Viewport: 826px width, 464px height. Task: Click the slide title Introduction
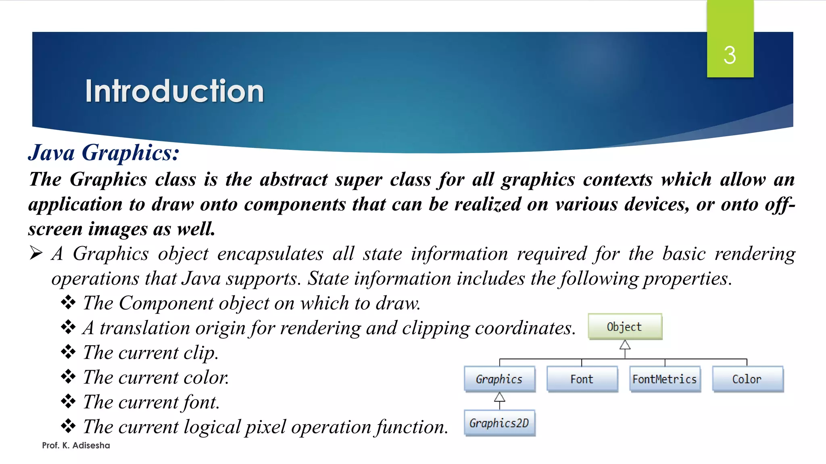[174, 91]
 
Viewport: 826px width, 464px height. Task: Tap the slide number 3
[730, 55]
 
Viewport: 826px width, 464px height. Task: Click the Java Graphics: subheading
[104, 153]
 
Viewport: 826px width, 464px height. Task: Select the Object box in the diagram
[625, 327]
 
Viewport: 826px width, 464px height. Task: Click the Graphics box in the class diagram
[499, 379]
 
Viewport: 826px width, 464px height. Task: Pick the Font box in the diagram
[582, 379]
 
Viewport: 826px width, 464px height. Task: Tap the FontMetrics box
[665, 379]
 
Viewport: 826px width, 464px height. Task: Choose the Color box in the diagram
[747, 379]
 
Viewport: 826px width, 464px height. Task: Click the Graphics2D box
[499, 423]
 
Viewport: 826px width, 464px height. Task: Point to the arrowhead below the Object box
[625, 345]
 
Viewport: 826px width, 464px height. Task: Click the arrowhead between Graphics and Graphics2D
[499, 398]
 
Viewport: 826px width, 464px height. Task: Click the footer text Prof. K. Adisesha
[76, 445]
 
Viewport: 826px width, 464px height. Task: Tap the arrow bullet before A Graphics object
[36, 253]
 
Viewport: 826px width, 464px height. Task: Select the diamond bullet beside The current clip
[68, 352]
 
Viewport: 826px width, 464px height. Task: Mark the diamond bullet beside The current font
[68, 402]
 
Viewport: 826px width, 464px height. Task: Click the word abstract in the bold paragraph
[294, 180]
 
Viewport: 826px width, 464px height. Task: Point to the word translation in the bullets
[144, 328]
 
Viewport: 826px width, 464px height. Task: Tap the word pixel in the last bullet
[265, 427]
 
